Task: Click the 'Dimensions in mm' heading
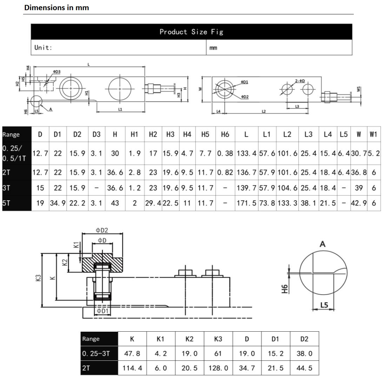tap(57, 7)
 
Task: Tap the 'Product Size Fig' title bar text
tap(191, 32)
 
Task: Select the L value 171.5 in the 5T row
tap(246, 203)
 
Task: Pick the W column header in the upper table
tap(358, 134)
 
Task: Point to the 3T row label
tap(6, 188)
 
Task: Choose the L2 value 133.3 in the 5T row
tap(287, 203)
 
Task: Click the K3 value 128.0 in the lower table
tap(218, 368)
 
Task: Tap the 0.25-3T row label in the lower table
tap(96, 354)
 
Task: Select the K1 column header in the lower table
tap(160, 339)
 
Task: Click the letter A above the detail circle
tap(323, 244)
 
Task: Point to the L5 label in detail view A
tap(324, 305)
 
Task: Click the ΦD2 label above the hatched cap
tap(102, 230)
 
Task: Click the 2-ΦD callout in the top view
tap(300, 81)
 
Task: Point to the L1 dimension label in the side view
tap(120, 109)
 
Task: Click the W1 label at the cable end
tap(359, 89)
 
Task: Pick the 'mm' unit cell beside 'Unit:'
tap(213, 48)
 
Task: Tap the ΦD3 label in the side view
tap(57, 71)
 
